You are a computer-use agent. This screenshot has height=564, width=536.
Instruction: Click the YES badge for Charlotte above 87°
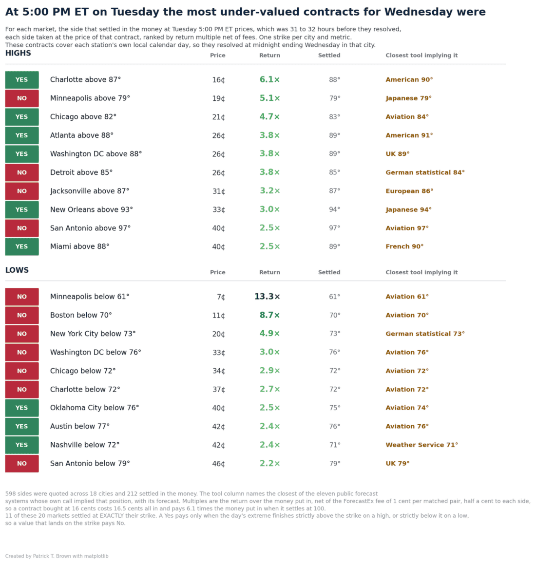click(22, 80)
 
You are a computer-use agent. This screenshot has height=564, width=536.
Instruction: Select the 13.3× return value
click(267, 297)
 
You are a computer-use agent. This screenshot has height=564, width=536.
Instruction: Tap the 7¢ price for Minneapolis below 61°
click(221, 297)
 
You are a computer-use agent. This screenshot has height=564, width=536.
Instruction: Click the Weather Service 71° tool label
click(421, 445)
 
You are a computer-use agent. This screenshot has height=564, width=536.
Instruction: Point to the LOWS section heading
click(17, 270)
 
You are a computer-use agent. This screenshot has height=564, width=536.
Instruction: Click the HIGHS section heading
click(18, 53)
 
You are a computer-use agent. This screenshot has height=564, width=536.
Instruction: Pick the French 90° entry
click(404, 246)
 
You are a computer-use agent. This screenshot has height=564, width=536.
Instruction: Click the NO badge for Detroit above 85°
click(22, 172)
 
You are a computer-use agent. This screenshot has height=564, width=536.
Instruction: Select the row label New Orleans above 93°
click(92, 210)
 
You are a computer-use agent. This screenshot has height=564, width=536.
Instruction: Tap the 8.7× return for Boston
click(269, 315)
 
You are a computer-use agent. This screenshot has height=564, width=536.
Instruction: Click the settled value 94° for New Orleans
click(334, 209)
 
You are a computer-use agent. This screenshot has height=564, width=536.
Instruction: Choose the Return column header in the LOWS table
click(269, 272)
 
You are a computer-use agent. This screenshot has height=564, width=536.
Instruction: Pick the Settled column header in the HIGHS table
click(329, 56)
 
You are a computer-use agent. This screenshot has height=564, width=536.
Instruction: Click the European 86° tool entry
click(409, 191)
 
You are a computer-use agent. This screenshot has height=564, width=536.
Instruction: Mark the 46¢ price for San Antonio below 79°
click(218, 464)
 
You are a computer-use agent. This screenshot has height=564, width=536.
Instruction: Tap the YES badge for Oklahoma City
click(22, 408)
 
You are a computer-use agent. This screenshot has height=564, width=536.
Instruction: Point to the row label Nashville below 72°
click(85, 445)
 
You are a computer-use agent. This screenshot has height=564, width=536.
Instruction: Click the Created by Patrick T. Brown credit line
click(57, 556)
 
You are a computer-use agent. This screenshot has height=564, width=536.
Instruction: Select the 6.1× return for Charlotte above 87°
click(269, 79)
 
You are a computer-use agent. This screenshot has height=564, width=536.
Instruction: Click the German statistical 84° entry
click(425, 172)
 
